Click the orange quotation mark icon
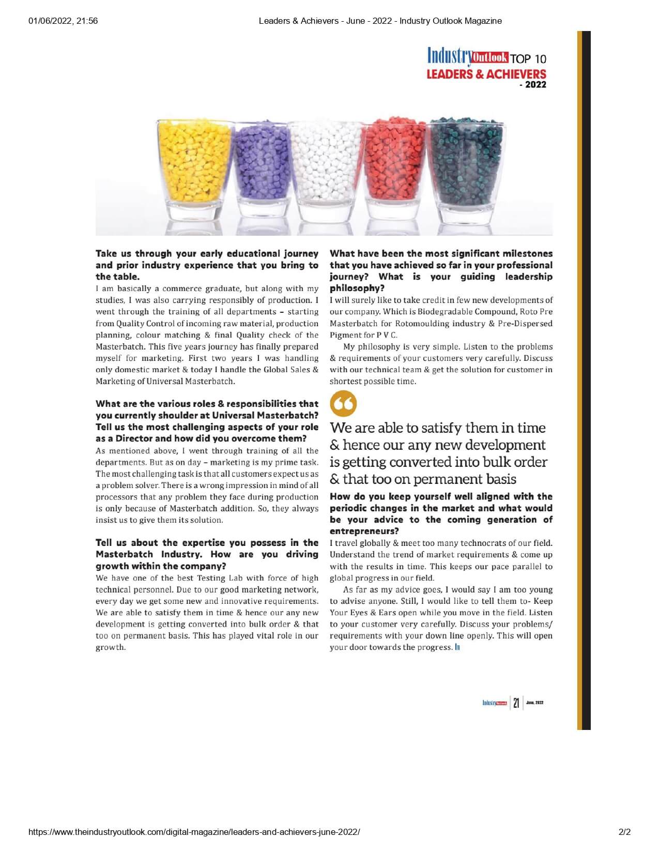[x=343, y=403]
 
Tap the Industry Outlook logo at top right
[x=468, y=56]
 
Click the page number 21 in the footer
[x=516, y=703]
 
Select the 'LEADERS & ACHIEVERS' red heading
[x=486, y=74]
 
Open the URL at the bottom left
[x=194, y=832]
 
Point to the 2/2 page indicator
[x=624, y=832]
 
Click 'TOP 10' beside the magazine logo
[x=528, y=58]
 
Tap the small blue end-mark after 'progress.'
[x=457, y=647]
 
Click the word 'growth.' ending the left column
[x=111, y=647]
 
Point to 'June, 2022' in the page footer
[x=534, y=703]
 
